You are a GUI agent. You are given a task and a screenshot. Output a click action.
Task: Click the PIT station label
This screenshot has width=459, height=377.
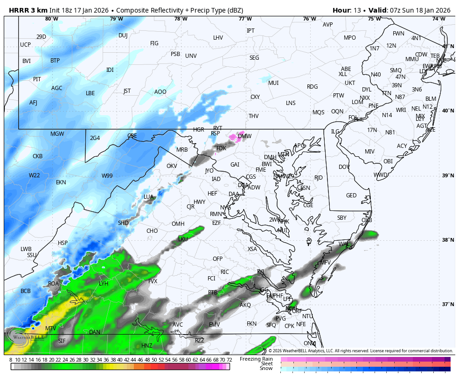37,79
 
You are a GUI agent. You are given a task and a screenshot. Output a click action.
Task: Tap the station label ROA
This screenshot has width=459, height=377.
54,284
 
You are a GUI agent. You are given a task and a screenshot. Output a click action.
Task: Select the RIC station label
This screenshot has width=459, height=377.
225,272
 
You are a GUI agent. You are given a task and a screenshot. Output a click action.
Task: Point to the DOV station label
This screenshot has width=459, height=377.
344,167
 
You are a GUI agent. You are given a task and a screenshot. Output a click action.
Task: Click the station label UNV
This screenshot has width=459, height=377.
191,56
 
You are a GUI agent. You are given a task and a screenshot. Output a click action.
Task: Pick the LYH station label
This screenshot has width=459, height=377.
104,284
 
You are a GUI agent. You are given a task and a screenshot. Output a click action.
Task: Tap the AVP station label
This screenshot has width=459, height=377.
327,25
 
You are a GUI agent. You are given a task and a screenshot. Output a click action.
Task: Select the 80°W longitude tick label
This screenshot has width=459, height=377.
52,19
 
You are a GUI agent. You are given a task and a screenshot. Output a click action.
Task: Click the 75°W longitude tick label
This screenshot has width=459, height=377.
374,19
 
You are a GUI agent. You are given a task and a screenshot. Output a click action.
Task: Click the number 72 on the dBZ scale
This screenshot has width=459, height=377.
229,360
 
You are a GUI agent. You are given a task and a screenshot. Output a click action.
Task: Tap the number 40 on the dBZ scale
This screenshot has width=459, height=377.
119,360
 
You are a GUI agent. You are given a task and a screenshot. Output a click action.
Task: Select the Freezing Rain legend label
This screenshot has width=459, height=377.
256,359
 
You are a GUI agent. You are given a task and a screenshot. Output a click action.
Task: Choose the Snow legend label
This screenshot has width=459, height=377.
266,369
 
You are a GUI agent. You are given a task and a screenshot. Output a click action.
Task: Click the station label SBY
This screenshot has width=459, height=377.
342,218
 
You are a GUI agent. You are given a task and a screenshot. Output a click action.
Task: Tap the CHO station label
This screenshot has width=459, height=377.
152,231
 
